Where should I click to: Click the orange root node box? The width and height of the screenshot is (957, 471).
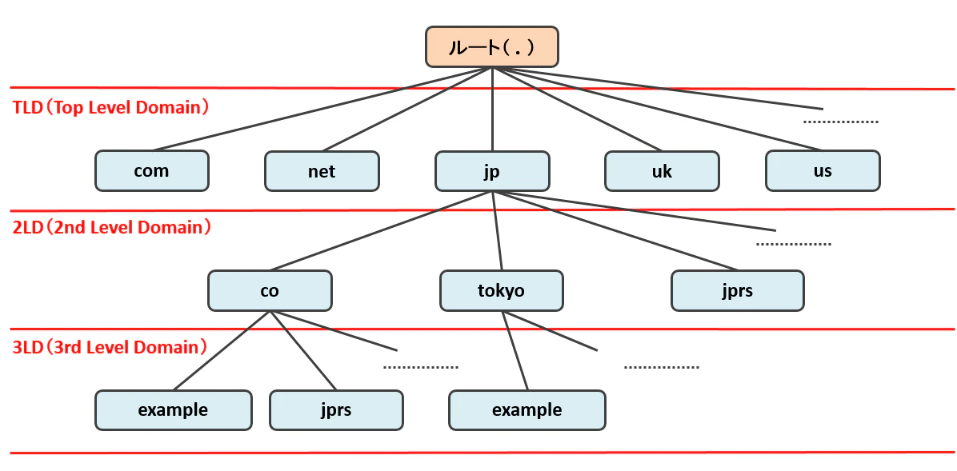tap(492, 46)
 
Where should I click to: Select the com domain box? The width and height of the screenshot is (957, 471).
tap(152, 171)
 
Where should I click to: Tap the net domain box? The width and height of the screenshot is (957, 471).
tap(322, 171)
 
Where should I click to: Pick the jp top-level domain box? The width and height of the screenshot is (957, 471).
tap(492, 171)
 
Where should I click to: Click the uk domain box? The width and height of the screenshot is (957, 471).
tap(663, 171)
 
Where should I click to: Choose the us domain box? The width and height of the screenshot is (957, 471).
tap(823, 171)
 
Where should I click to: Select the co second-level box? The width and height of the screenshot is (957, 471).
tap(270, 290)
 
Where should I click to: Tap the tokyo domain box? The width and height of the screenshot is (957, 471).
tap(502, 290)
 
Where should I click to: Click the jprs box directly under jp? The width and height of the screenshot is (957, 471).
tap(737, 290)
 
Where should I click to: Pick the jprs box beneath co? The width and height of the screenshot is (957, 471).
tap(336, 410)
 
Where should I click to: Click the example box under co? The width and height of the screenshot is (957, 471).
tap(174, 410)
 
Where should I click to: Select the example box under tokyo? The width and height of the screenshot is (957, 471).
tap(527, 410)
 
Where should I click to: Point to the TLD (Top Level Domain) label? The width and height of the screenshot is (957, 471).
tap(112, 108)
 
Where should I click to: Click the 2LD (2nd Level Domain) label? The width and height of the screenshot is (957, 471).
tap(112, 228)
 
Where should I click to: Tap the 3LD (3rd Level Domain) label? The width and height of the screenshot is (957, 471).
tap(110, 348)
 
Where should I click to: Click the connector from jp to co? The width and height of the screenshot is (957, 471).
tap(381, 230)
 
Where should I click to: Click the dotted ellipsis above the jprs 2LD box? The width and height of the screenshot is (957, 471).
tap(794, 244)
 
